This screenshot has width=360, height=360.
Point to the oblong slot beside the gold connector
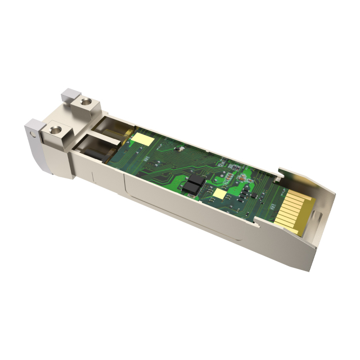point(318,215)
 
